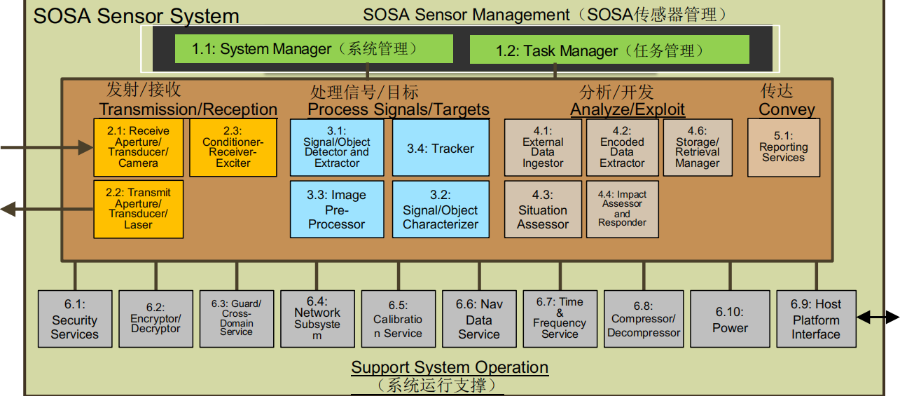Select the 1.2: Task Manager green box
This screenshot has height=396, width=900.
[x=609, y=50]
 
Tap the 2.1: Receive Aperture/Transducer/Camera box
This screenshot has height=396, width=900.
[x=138, y=147]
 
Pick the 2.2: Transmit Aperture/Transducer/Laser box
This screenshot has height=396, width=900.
[x=138, y=209]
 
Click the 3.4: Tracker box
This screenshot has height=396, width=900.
[x=440, y=147]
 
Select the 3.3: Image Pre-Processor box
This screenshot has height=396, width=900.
[x=336, y=209]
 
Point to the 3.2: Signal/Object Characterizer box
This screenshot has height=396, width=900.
[x=440, y=209]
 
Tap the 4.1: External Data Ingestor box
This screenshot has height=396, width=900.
[x=543, y=147]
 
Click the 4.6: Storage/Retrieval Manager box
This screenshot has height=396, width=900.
[x=697, y=147]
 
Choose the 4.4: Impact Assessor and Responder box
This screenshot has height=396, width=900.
[x=622, y=209]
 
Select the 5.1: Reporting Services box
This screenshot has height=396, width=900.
[x=783, y=147]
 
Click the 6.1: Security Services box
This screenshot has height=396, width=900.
[x=74, y=319]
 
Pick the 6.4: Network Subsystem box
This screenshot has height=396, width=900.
[x=317, y=319]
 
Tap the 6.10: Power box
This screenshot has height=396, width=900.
[x=731, y=319]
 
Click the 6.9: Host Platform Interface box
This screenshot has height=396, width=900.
[x=816, y=319]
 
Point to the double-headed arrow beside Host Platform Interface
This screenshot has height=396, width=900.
[x=878, y=318]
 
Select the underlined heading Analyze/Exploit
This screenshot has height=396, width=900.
[x=628, y=109]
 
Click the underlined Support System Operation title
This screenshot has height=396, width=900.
[x=450, y=367]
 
